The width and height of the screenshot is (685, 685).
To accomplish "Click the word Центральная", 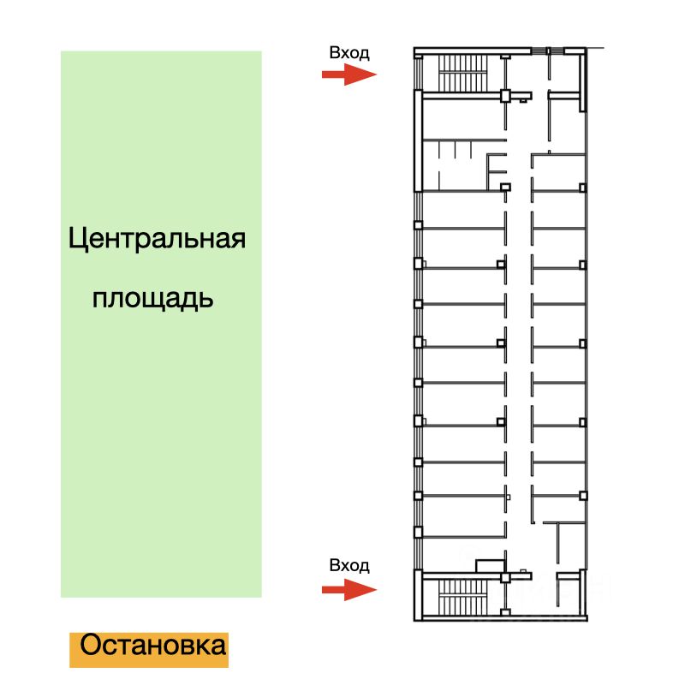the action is tap(157, 239).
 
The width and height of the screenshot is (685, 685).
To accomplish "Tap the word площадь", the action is tap(152, 299).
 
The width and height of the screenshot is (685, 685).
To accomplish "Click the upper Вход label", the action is tap(349, 53).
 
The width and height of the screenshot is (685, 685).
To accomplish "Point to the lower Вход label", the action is tap(349, 565).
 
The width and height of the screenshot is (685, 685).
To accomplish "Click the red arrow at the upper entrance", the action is tap(348, 75).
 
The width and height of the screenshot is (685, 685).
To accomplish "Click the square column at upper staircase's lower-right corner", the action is tap(505, 95).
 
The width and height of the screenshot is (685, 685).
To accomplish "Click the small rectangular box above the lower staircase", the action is tap(491, 564).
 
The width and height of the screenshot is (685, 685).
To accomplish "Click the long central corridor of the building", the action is tap(518, 342).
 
